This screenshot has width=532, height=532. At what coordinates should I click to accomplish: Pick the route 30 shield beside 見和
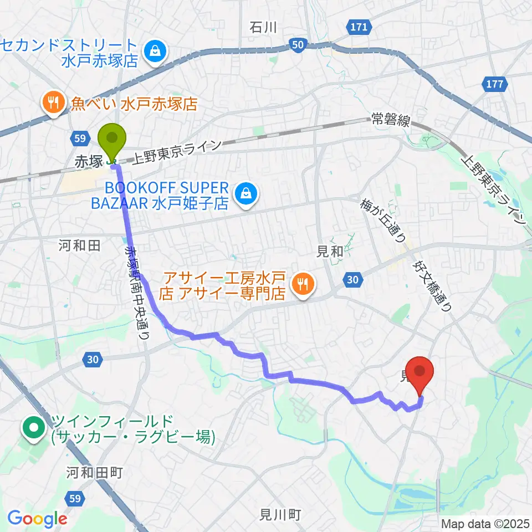tap(352, 280)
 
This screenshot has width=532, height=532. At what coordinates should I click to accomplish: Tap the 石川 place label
tap(263, 27)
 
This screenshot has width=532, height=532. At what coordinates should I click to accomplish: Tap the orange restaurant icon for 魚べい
tap(54, 103)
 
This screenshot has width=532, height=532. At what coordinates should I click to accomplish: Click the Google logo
tap(37, 518)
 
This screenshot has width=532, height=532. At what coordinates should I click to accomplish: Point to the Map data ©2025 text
tap(485, 523)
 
